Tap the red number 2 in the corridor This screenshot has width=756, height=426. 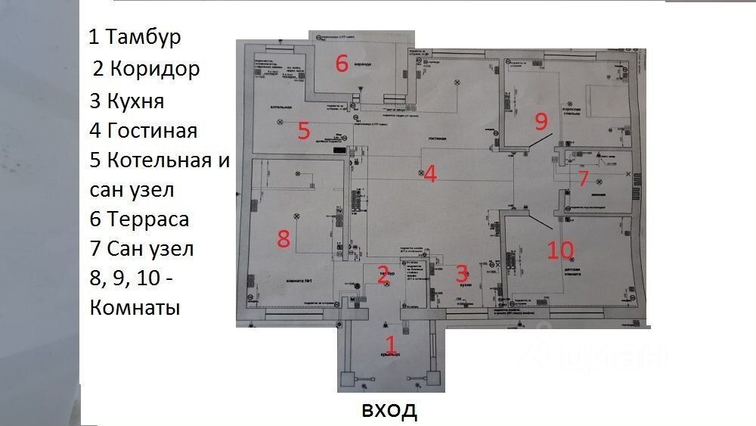pos(383,274)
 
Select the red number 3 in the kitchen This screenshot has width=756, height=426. pos(462,273)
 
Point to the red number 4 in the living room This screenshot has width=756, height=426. pos(430,174)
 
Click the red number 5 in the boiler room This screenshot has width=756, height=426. pos(304,130)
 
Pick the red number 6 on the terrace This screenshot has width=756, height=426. pos(342,64)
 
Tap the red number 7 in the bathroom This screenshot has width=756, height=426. pos(583,179)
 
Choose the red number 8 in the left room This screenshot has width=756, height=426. pos(283,239)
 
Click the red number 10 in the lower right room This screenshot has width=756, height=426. pos(561,250)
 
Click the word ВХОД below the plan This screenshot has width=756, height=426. pos(389,411)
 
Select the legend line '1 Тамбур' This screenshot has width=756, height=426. pos(135,37)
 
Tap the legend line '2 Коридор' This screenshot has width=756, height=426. pos(147,69)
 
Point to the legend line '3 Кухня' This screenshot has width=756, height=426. pos(126,101)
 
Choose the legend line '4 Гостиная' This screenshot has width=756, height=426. pos(143,130)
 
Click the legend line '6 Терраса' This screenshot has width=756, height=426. pos(139,219)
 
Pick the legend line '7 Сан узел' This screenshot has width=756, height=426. pos(141,248)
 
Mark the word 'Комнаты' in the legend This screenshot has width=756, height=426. pos(135,308)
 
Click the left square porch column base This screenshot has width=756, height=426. pos(348,381)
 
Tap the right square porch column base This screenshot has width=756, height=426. pos(434,381)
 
